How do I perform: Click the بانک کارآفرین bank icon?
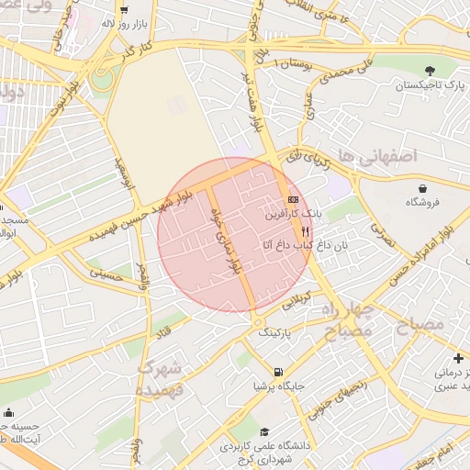293,199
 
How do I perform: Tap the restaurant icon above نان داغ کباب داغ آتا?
305,232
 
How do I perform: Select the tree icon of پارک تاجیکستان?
429,70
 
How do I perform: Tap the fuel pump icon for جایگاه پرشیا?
277,372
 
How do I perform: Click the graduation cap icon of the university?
264,431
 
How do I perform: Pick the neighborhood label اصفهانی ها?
376,156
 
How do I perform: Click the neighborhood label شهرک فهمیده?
162,377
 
